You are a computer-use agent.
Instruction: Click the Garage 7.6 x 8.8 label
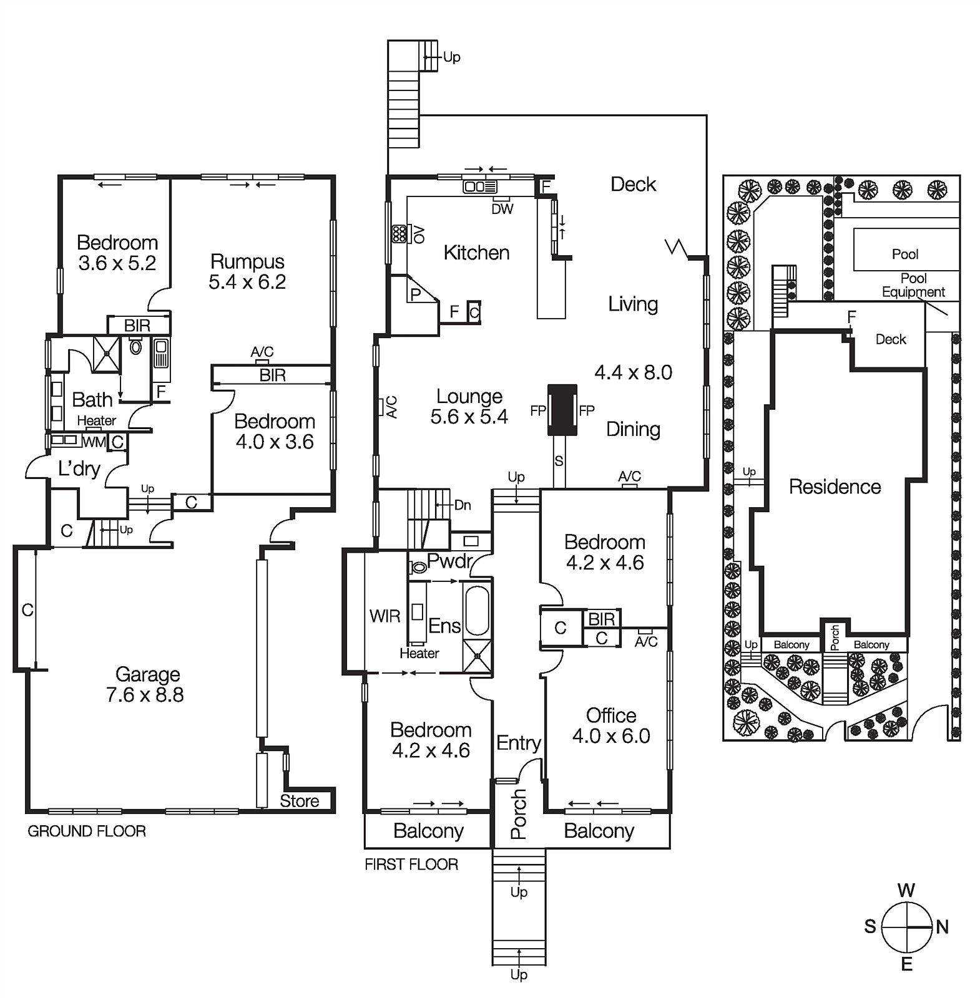pyautogui.click(x=147, y=684)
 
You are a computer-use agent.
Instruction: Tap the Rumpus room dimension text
pyautogui.click(x=247, y=282)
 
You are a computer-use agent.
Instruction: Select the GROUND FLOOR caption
pyautogui.click(x=87, y=831)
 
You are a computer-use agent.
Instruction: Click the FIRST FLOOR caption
pyautogui.click(x=411, y=864)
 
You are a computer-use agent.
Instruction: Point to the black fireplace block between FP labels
pyautogui.click(x=562, y=410)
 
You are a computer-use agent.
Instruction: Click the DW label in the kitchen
pyautogui.click(x=502, y=210)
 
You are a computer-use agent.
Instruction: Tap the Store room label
pyautogui.click(x=299, y=801)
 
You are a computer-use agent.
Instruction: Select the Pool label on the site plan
pyautogui.click(x=904, y=254)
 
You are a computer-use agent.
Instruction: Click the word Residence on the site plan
pyautogui.click(x=835, y=487)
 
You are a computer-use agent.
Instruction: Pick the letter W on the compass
pyautogui.click(x=906, y=889)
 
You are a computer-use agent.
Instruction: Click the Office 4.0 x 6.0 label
pyautogui.click(x=610, y=725)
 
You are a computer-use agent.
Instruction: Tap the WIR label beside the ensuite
pyautogui.click(x=385, y=616)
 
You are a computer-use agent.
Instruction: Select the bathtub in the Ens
pyautogui.click(x=478, y=609)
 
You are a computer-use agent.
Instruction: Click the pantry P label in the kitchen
pyautogui.click(x=415, y=294)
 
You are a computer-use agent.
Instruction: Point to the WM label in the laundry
pyautogui.click(x=94, y=442)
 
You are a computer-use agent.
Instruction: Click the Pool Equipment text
pyautogui.click(x=913, y=285)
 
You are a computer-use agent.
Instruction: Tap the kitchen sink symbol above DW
pyautogui.click(x=480, y=187)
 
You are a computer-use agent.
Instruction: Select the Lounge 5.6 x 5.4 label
pyautogui.click(x=469, y=406)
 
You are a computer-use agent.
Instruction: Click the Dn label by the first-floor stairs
pyautogui.click(x=463, y=505)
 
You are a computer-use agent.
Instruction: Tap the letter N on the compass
pyautogui.click(x=943, y=927)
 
